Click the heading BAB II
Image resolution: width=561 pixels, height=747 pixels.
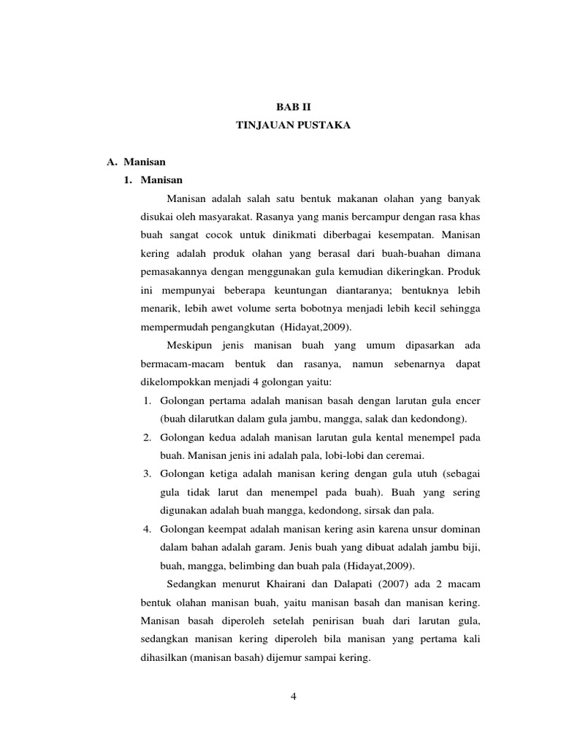pyautogui.click(x=292, y=107)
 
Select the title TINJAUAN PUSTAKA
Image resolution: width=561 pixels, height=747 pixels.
pyautogui.click(x=293, y=125)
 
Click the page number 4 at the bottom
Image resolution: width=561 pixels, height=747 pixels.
pyautogui.click(x=293, y=695)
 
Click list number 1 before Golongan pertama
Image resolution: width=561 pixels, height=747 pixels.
pyautogui.click(x=146, y=400)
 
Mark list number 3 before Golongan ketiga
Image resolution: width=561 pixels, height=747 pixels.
pyautogui.click(x=146, y=473)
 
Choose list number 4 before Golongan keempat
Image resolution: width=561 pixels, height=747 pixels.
pyautogui.click(x=146, y=528)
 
